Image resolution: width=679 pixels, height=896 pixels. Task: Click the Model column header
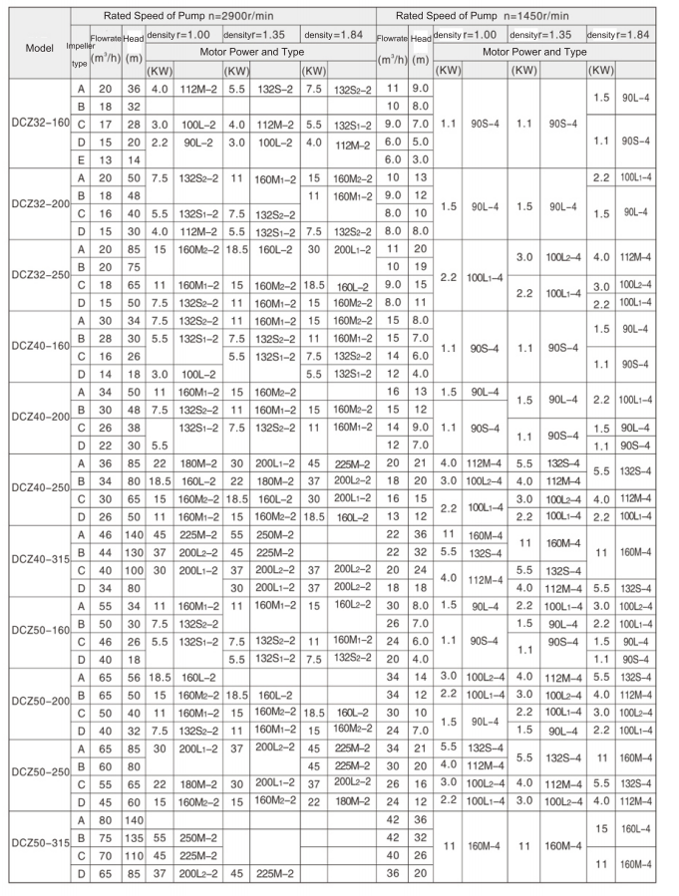tap(36, 46)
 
